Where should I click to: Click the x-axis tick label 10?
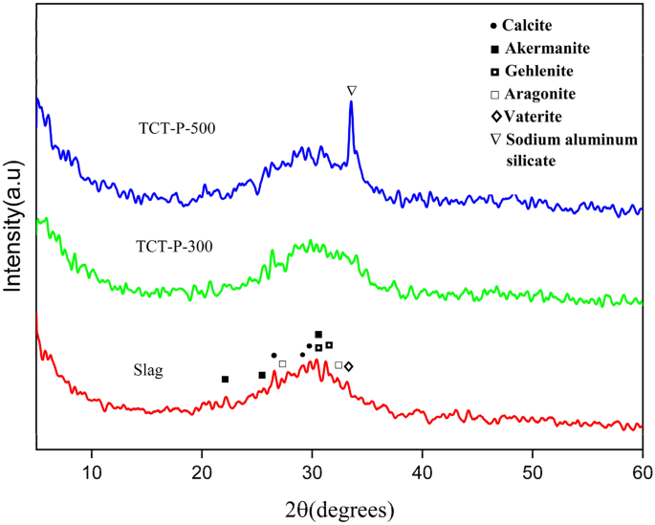(x=92, y=471)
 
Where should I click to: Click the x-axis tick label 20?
(x=202, y=471)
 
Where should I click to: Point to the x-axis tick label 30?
(x=312, y=471)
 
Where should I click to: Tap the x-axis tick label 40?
(x=422, y=471)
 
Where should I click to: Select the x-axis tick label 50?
(x=532, y=471)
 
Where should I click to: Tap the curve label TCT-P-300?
(x=173, y=246)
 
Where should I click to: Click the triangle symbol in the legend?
(x=493, y=141)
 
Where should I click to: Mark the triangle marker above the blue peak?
(x=352, y=90)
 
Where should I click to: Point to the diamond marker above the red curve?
(x=348, y=366)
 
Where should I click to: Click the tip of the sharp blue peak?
(x=351, y=103)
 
